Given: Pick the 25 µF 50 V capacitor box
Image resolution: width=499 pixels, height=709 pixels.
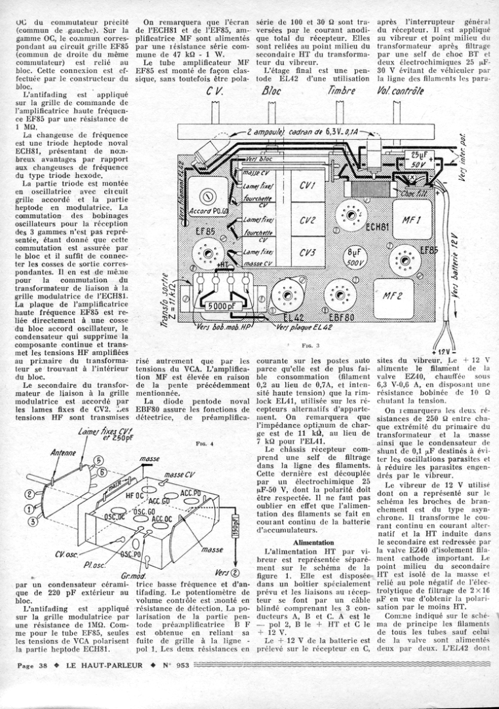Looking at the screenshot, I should (417, 158).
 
